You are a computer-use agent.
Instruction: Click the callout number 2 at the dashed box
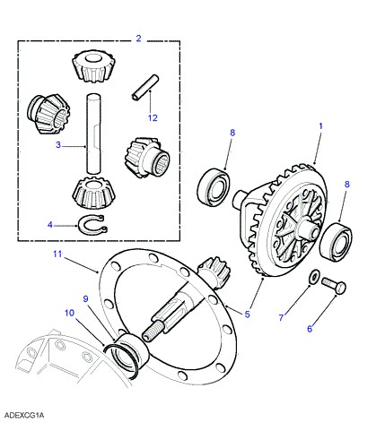[x=138, y=39]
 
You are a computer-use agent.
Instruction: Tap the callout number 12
[x=153, y=117]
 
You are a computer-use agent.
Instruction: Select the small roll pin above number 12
[x=145, y=87]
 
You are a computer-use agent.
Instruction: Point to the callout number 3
[x=58, y=145]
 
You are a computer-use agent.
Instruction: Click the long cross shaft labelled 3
[x=93, y=134]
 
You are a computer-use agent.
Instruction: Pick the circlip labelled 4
[x=93, y=226]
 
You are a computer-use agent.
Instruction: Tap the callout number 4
[x=50, y=224]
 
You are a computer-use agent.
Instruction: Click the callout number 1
[x=321, y=126]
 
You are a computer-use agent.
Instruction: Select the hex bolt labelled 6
[x=334, y=285]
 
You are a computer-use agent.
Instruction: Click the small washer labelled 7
[x=314, y=277]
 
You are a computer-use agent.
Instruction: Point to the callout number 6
[x=310, y=329]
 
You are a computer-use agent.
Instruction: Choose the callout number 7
[x=281, y=317]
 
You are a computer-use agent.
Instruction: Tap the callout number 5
[x=247, y=315]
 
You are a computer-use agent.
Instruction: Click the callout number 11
[x=57, y=254]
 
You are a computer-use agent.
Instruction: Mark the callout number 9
[x=86, y=298]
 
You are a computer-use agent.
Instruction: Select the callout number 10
[x=69, y=313]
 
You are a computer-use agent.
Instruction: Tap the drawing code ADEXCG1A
[x=24, y=415]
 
